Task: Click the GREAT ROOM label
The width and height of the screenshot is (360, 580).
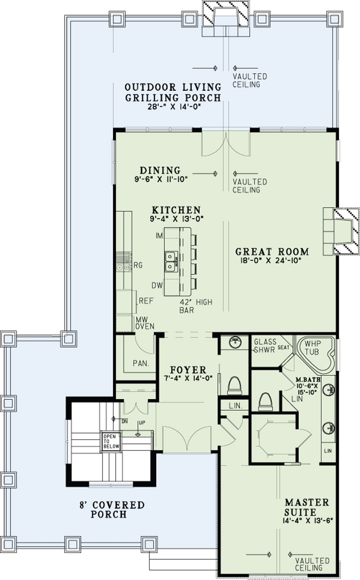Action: coord(272,252)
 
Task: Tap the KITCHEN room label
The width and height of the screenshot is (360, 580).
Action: coord(176,210)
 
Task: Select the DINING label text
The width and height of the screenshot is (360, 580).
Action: coord(160,171)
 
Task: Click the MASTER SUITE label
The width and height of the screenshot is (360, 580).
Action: coord(306,507)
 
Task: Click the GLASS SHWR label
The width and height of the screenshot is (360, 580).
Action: coord(265,345)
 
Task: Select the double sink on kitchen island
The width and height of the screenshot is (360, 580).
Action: coord(170,262)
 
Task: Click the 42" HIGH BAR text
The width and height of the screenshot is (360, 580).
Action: coord(195,306)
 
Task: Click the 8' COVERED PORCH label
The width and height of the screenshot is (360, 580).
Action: coord(111,509)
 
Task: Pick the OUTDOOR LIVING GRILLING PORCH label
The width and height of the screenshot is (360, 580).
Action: coord(173,92)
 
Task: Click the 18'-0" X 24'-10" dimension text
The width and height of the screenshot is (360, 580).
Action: coord(272,260)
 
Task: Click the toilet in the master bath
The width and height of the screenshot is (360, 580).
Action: coord(265,401)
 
